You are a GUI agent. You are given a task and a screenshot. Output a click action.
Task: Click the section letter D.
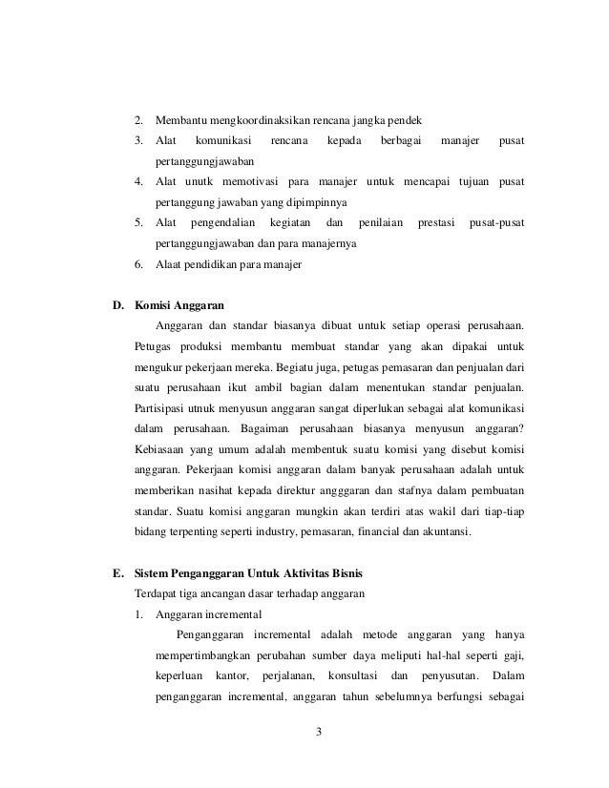pos(118,306)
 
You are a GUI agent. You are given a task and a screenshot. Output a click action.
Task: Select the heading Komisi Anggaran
pos(179,306)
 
